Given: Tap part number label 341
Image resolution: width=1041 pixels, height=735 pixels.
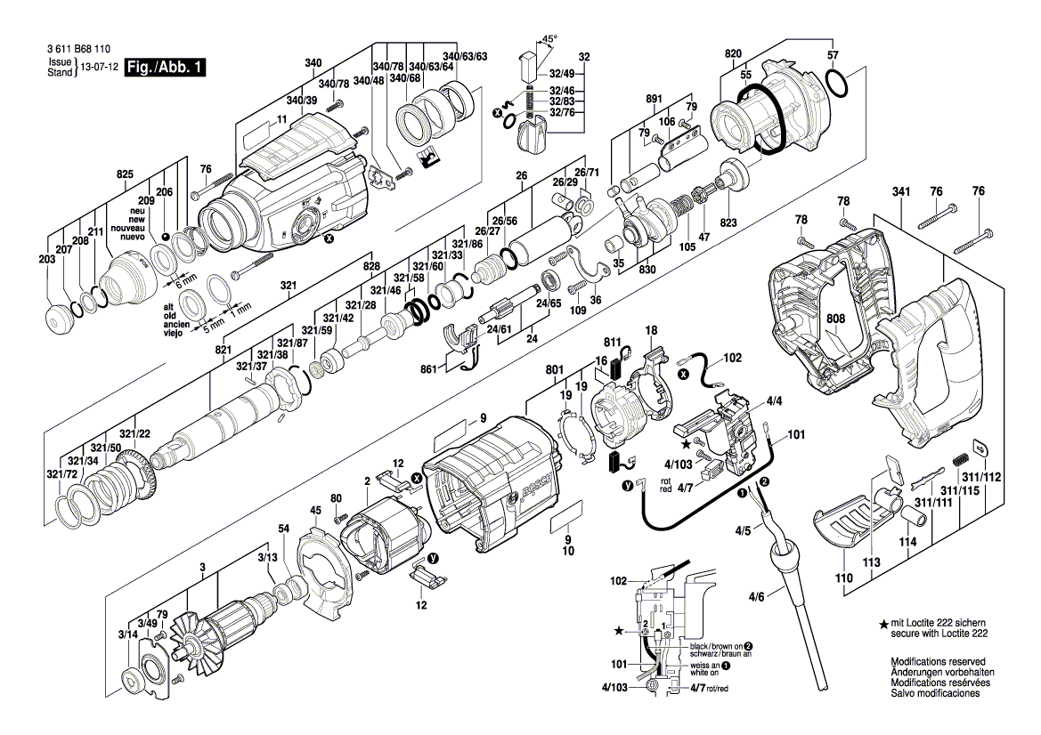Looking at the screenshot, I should click(x=903, y=191).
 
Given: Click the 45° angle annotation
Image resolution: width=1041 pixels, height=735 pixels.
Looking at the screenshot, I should click(x=549, y=39).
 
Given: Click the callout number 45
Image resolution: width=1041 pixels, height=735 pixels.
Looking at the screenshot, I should click(x=315, y=510).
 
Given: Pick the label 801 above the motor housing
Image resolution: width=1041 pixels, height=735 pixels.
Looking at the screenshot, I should click(x=555, y=368).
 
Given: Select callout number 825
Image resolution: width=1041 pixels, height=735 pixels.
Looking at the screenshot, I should click(x=124, y=174).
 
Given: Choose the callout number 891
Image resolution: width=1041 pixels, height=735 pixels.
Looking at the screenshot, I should click(x=654, y=99).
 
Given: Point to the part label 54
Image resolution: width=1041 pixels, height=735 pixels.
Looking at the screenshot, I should click(x=283, y=529).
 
